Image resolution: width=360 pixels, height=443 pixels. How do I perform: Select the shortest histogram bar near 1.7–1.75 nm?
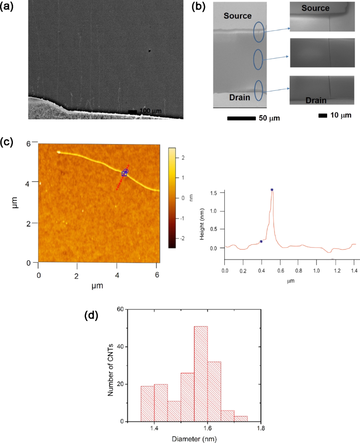pyautogui.click(x=241, y=419)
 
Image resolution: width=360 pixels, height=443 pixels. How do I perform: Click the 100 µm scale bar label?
pyautogui.click(x=150, y=112)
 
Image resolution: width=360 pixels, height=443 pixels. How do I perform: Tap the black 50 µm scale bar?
pyautogui.click(x=240, y=118)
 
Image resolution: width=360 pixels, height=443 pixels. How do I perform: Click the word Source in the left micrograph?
pyautogui.click(x=238, y=16)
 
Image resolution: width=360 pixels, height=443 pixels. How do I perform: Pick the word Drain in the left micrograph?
pyautogui.click(x=237, y=97)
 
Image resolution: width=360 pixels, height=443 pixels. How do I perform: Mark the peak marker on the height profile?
pyautogui.click(x=272, y=190)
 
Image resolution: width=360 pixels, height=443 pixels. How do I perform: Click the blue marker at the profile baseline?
pyautogui.click(x=261, y=241)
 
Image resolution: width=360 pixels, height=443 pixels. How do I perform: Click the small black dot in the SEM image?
pyautogui.click(x=150, y=51)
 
